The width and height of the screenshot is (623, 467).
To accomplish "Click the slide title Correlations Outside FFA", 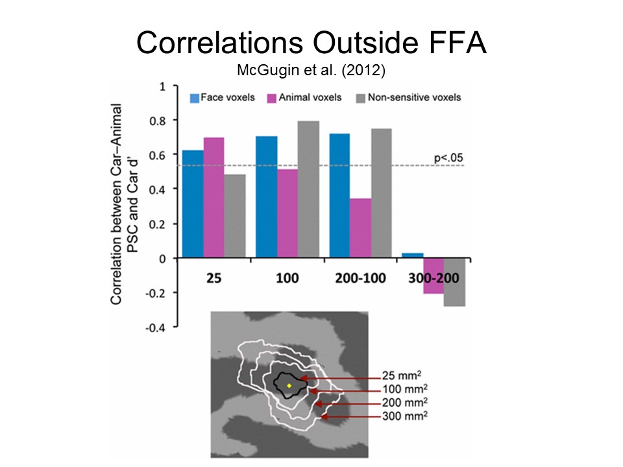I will [311, 43].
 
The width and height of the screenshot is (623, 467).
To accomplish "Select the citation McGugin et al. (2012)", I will [311, 69].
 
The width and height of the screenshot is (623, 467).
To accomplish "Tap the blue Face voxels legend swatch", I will [194, 98].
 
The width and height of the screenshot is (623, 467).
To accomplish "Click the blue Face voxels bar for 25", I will [193, 204].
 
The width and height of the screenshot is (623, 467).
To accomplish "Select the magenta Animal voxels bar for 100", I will [288, 213].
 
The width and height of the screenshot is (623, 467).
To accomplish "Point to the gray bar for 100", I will [309, 189].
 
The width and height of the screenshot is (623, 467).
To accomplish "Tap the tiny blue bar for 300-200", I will [413, 256].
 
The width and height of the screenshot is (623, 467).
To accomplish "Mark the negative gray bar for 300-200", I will [454, 282].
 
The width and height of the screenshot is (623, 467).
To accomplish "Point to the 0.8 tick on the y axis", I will [158, 121].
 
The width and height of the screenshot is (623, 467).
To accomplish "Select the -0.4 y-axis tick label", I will [156, 328].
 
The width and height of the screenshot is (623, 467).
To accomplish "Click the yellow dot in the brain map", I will [289, 386].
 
